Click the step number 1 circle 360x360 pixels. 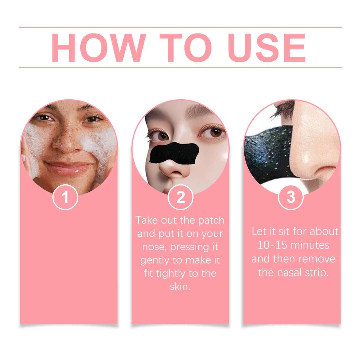(65, 197)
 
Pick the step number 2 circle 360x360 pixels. (180, 197)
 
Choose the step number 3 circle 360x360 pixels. (291, 197)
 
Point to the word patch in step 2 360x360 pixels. (211, 220)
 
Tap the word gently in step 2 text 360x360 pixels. (154, 260)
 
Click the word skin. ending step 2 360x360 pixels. (180, 287)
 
